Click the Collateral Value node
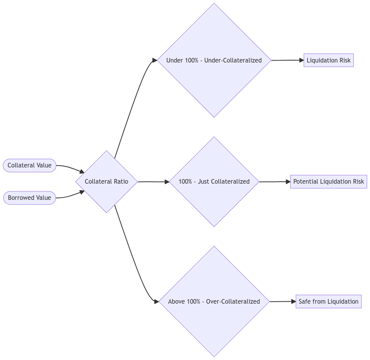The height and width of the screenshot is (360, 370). pyautogui.click(x=30, y=166)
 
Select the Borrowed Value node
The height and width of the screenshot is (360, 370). pyautogui.click(x=30, y=198)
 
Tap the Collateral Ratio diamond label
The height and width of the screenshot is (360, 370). pyautogui.click(x=106, y=181)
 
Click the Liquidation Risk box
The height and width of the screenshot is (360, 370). pyautogui.click(x=328, y=61)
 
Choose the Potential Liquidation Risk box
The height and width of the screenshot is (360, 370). pyautogui.click(x=328, y=181)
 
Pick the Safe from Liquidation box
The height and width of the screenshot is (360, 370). pyautogui.click(x=328, y=301)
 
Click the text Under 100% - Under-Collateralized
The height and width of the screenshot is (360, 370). pyautogui.click(x=214, y=61)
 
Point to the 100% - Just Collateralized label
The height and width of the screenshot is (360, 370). pyautogui.click(x=214, y=181)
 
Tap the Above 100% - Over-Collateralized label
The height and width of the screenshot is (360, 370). pyautogui.click(x=214, y=301)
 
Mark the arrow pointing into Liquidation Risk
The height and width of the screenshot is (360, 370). pyautogui.click(x=287, y=61)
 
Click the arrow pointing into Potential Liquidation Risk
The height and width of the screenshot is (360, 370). pyautogui.click(x=275, y=181)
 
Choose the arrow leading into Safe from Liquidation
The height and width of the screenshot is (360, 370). pyautogui.click(x=283, y=301)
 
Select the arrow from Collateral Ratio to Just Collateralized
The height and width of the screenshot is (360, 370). pyautogui.click(x=153, y=181)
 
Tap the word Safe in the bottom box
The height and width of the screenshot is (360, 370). pyautogui.click(x=305, y=301)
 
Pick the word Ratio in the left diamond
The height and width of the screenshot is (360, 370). pyautogui.click(x=120, y=181)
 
